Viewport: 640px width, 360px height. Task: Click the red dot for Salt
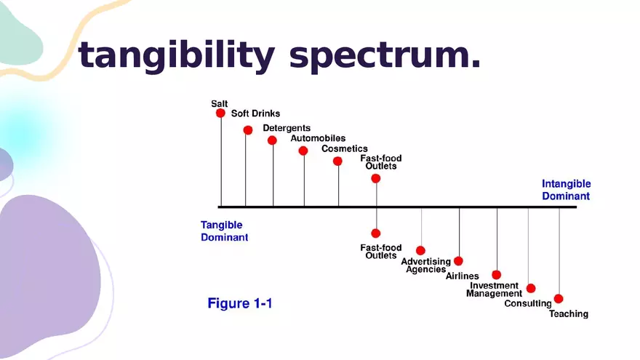click(220, 113)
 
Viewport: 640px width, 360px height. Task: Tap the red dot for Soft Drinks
click(248, 130)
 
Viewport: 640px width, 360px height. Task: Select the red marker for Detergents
click(272, 140)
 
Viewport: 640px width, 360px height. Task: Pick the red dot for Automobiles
click(303, 151)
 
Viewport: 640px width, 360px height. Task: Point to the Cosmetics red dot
click(337, 161)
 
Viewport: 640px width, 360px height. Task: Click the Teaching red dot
click(559, 299)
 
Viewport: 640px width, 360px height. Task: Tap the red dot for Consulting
click(531, 289)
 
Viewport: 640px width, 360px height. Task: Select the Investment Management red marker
click(496, 275)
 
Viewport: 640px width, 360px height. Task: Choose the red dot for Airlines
click(458, 261)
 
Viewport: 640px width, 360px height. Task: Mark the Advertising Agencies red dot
click(421, 250)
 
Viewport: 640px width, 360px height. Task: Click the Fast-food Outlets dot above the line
click(376, 178)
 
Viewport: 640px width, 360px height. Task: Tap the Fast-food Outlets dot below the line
click(376, 233)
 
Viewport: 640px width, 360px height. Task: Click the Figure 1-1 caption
click(239, 303)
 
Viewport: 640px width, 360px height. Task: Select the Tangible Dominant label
click(224, 231)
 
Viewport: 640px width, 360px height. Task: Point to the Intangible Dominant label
click(566, 190)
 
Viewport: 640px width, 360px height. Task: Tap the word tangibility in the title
click(176, 55)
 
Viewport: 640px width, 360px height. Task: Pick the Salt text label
click(219, 104)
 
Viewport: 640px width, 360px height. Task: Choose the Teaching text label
click(569, 314)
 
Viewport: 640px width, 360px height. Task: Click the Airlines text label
click(462, 276)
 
